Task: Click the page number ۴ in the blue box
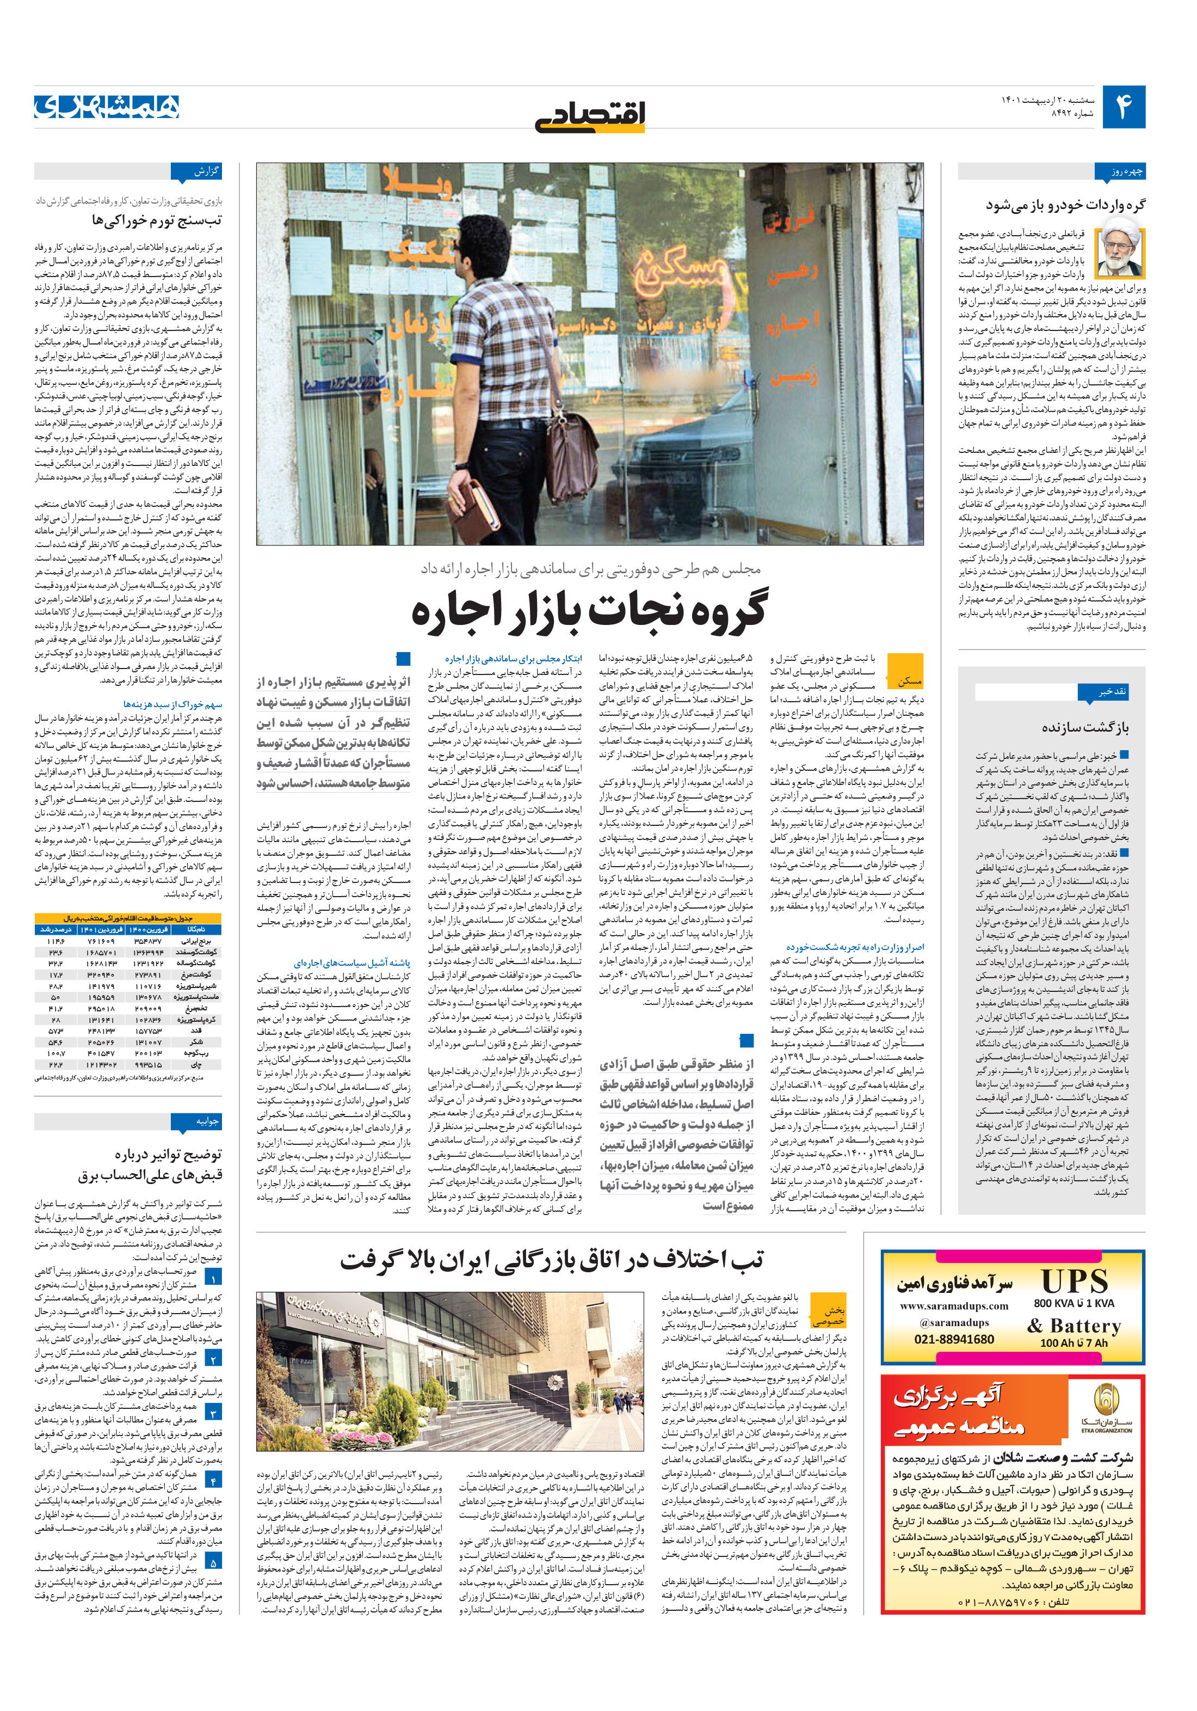click(1123, 107)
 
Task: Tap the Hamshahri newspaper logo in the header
click(107, 107)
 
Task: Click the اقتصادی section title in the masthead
click(590, 115)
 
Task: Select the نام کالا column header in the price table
click(196, 929)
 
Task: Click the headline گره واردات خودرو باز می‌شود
click(1065, 204)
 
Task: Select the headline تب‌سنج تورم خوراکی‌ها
click(156, 220)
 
